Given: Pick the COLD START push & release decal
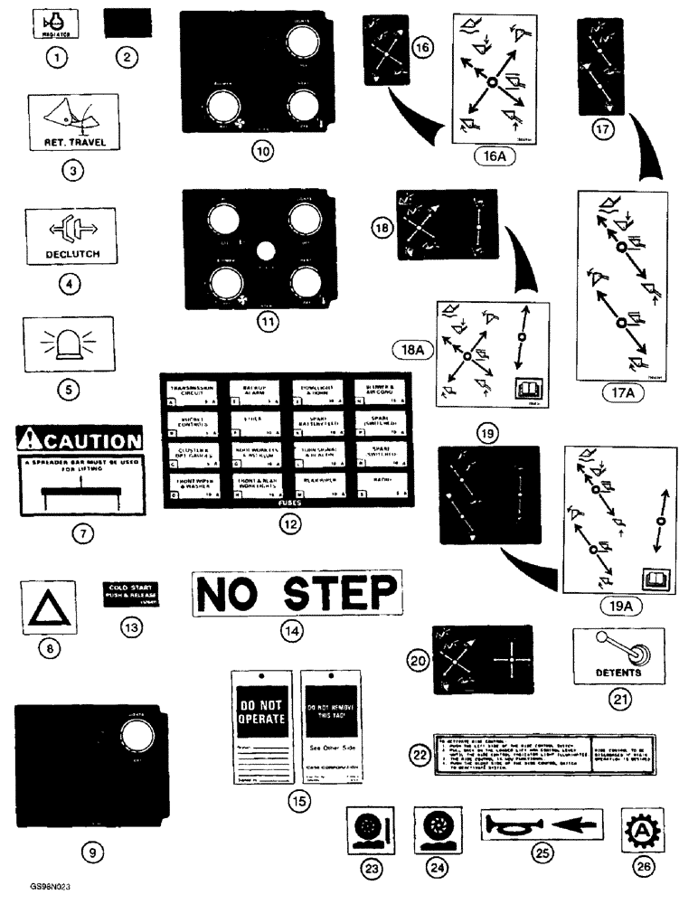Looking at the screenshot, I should pos(130,594).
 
